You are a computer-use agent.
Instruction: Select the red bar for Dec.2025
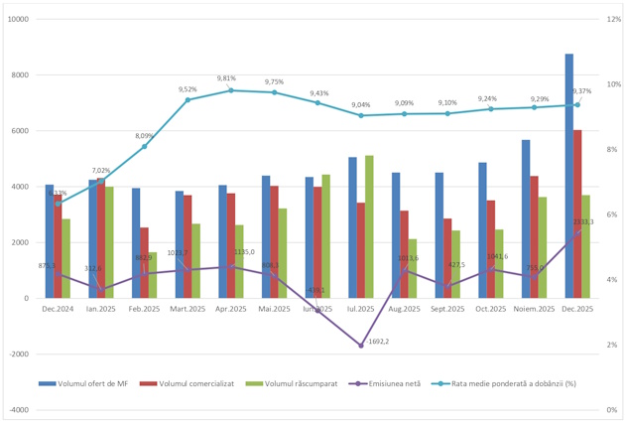tap(578, 213)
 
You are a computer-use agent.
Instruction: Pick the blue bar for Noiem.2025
tap(526, 218)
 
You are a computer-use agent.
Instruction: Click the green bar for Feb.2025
tap(153, 275)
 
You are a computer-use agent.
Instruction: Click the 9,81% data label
tap(228, 78)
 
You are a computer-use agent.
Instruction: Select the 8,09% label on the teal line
tap(145, 136)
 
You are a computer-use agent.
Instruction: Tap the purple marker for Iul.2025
tap(361, 345)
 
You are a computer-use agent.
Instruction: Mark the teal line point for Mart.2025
tap(187, 99)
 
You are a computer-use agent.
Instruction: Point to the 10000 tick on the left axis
tap(17, 19)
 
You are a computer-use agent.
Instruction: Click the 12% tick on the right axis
tap(612, 19)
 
